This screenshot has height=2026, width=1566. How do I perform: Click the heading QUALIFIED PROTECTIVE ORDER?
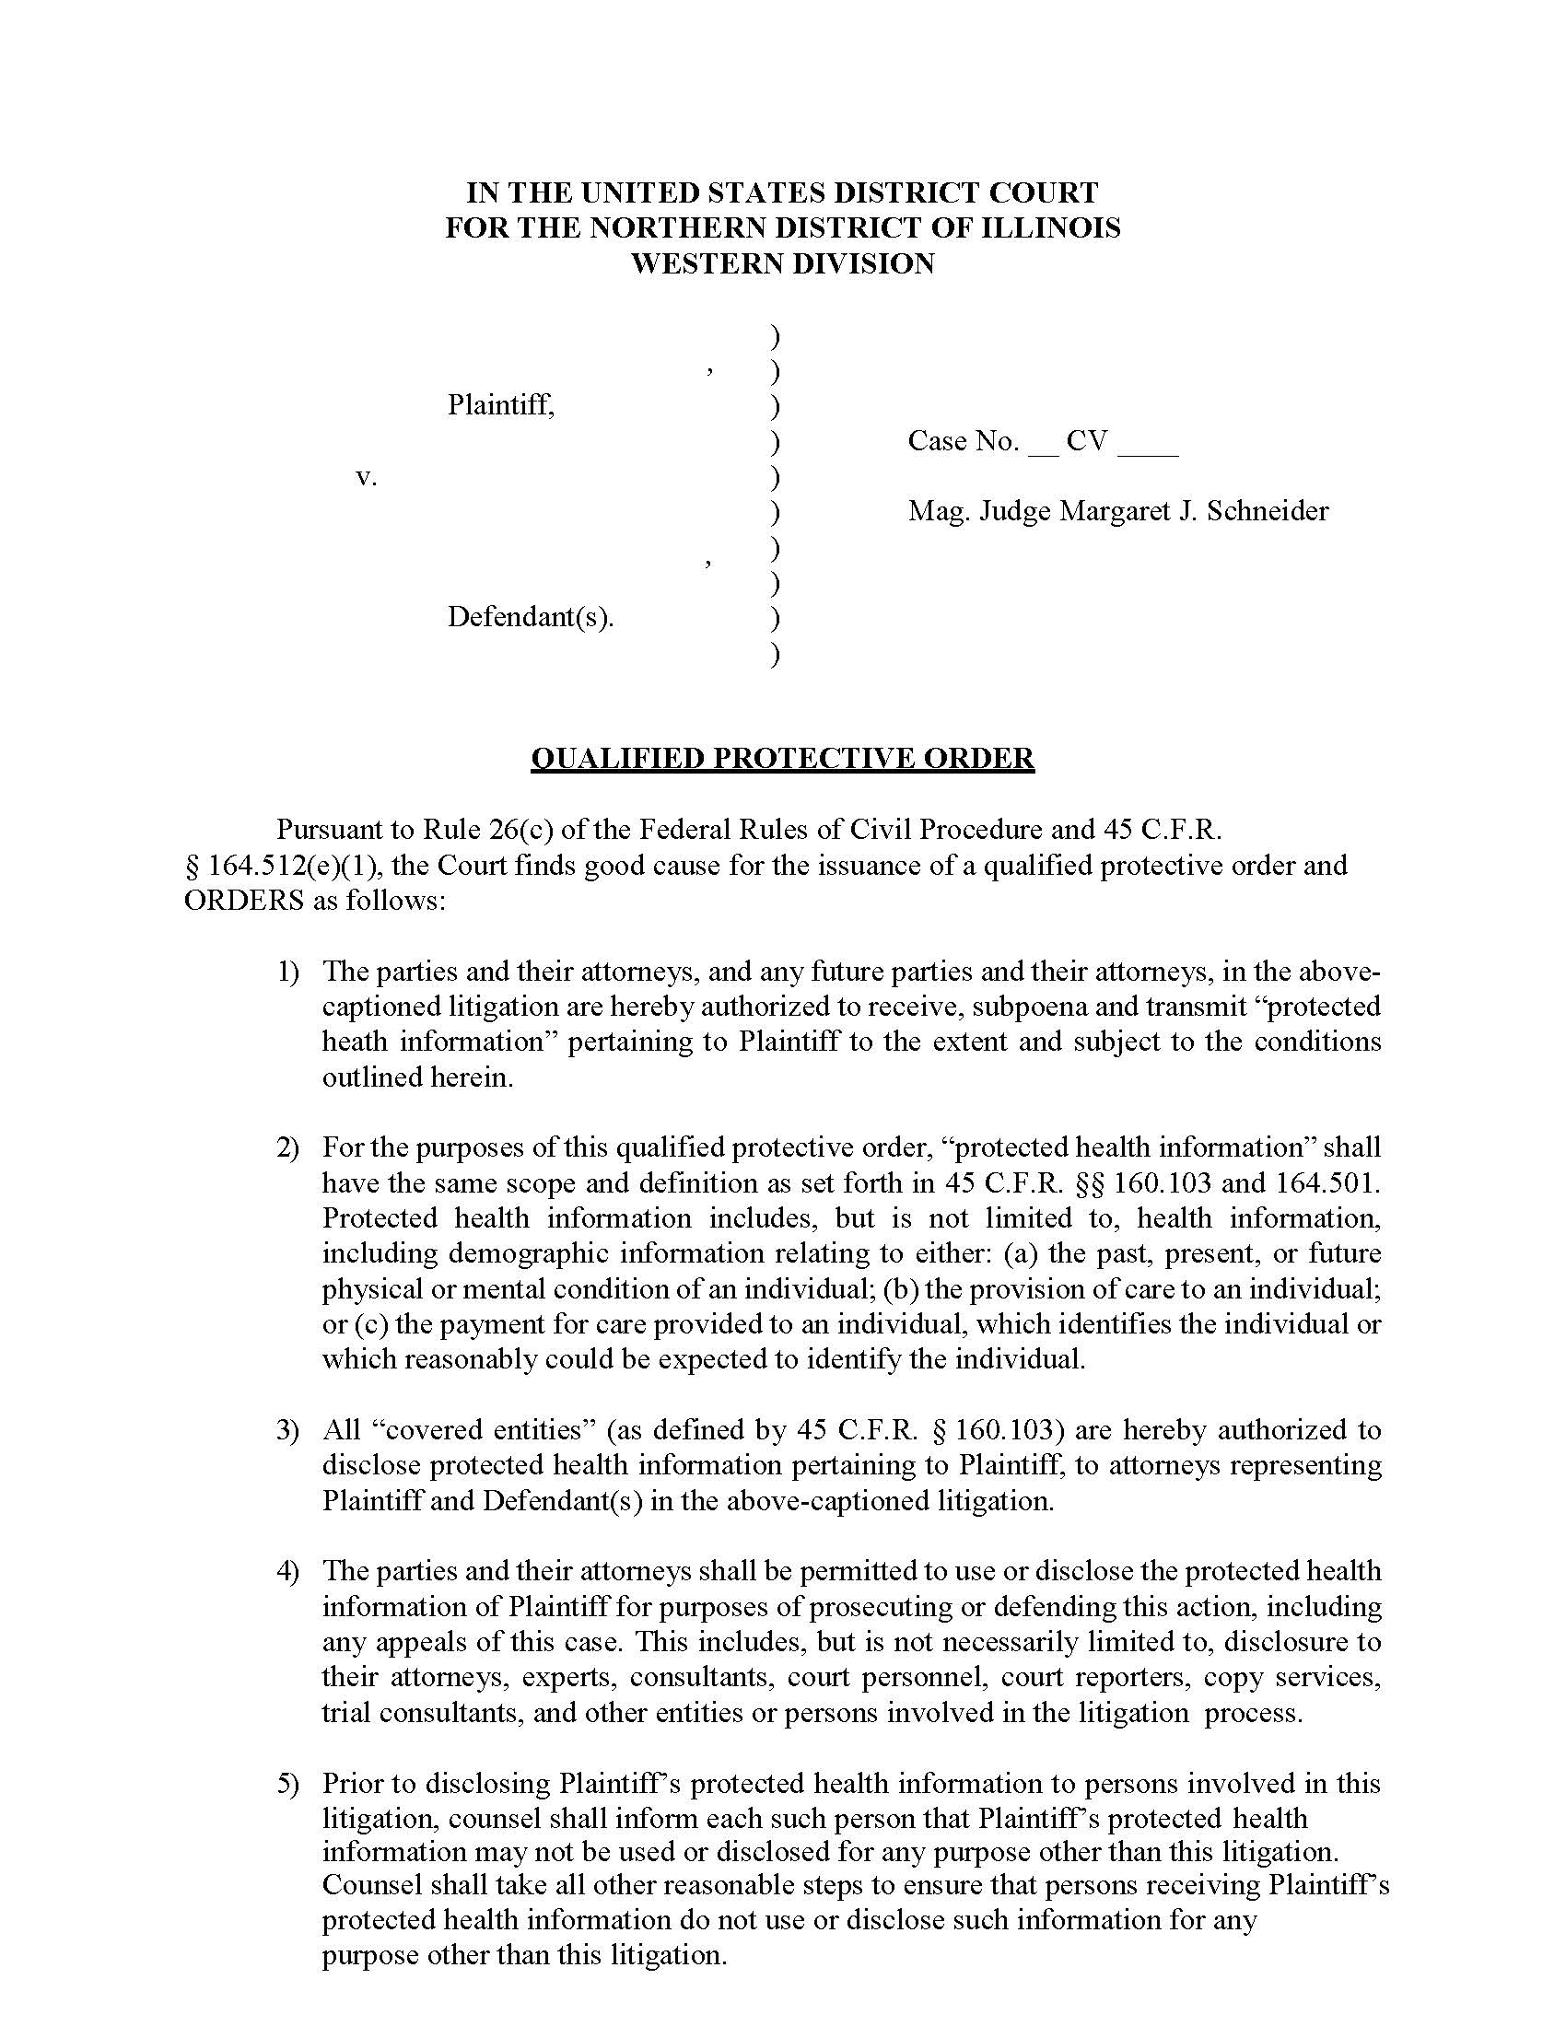coord(782,758)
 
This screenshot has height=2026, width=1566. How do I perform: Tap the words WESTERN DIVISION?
coord(782,263)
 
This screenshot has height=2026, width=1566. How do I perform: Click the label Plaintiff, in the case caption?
coord(501,404)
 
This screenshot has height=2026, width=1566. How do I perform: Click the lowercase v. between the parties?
coord(367,477)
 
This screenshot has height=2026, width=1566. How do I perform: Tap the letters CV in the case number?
coord(1086,440)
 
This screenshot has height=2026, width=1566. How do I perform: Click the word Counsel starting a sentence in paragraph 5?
coord(373,1885)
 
